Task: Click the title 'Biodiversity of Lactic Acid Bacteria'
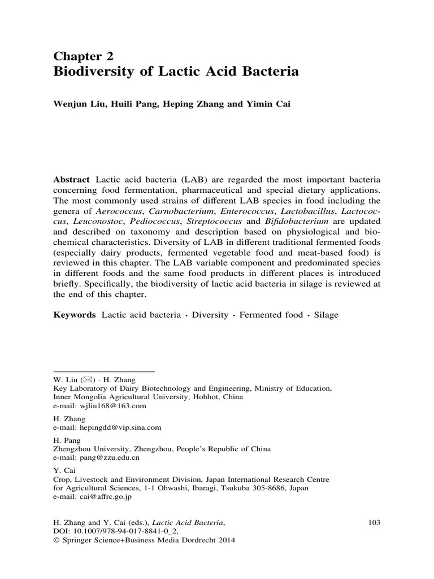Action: [176, 72]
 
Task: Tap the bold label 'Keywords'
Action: [75, 314]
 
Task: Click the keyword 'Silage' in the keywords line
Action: [326, 314]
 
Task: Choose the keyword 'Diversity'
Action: [210, 314]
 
